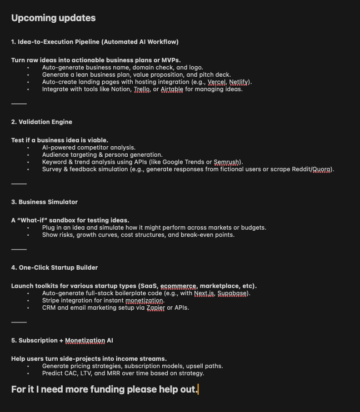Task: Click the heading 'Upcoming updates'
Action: pos(53,18)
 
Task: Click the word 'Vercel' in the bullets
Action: pos(217,82)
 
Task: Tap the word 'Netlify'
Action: pos(239,82)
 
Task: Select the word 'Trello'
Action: pos(142,89)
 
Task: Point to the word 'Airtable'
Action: pos(172,89)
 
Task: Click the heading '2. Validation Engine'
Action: pos(42,122)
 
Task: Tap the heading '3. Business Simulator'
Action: pos(44,202)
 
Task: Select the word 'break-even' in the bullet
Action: pos(196,235)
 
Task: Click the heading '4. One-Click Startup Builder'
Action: pos(54,267)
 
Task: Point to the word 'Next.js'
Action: pos(204,293)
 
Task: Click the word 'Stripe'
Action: pos(52,300)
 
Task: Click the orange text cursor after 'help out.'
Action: pos(198,389)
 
